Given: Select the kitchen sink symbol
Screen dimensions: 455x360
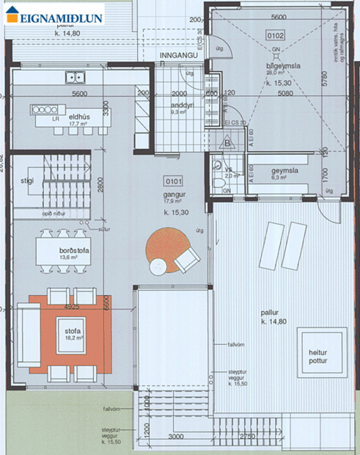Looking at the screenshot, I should [x=76, y=76].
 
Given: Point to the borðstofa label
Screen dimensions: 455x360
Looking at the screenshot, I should [x=75, y=250].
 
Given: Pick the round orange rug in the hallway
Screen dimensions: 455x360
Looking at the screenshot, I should [x=167, y=250].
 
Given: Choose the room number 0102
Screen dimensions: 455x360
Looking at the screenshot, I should [x=276, y=34].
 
